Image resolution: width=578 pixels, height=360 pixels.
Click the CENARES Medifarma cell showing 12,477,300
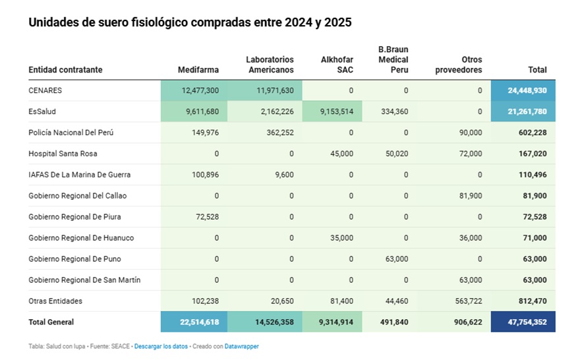click(x=200, y=90)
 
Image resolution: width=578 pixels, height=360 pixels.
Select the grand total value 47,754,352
click(x=527, y=322)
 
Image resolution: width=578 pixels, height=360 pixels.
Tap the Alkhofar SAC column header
click(x=337, y=65)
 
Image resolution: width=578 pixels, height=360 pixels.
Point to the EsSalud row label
click(x=42, y=111)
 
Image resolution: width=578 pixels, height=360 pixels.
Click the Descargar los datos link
click(x=161, y=346)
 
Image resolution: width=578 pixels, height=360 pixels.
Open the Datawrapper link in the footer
click(x=241, y=346)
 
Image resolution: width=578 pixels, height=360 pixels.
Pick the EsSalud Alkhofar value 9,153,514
click(x=337, y=111)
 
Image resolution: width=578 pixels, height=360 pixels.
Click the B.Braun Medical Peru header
click(x=393, y=59)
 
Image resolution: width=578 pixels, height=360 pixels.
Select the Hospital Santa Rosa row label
click(x=63, y=154)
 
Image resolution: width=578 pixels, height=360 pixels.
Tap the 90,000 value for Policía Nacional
click(x=471, y=133)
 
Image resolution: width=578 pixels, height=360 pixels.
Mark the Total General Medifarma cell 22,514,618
click(x=200, y=322)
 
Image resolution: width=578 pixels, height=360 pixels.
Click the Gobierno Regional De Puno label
click(x=74, y=259)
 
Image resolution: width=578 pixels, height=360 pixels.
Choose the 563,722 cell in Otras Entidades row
click(x=469, y=301)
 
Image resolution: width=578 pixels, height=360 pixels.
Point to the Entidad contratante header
click(x=65, y=70)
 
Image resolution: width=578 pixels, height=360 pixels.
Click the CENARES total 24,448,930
click(x=527, y=90)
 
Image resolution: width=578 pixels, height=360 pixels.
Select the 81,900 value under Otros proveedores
click(x=471, y=195)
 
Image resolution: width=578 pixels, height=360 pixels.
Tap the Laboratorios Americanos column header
click(x=270, y=65)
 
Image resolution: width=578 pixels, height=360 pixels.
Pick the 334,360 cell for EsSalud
click(x=394, y=111)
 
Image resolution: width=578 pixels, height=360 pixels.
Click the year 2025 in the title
click(x=338, y=22)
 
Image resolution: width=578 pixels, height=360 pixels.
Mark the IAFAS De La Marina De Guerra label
click(x=79, y=175)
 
